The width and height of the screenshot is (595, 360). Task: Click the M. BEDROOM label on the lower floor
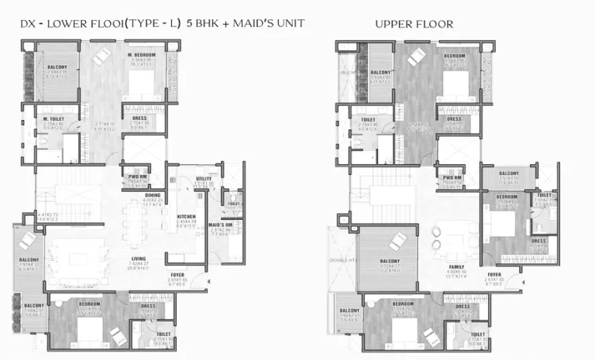coord(142,57)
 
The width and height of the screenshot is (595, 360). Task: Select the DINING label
coord(152,195)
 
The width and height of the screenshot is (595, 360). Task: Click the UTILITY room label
coord(204,179)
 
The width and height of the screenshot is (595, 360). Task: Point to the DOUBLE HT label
coord(339,260)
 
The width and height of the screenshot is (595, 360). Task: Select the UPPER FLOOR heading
coord(414,25)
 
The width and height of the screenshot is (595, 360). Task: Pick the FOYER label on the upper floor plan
coord(494,274)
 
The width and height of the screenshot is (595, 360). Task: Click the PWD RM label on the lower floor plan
coord(138,177)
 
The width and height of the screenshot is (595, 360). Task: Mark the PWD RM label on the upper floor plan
coord(452,177)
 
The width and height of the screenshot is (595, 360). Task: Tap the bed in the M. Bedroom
coord(143,85)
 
